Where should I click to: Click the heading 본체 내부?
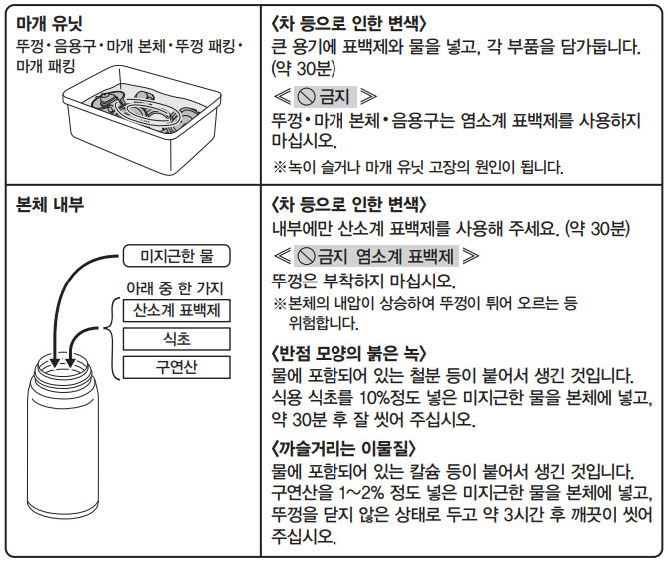point(50,204)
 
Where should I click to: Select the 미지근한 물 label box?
point(175,258)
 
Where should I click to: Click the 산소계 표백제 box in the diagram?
point(175,310)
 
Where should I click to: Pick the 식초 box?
point(175,339)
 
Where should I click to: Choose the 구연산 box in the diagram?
point(175,367)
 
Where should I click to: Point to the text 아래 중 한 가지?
point(171,285)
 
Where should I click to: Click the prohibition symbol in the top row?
point(304,96)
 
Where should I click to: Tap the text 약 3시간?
point(529,515)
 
